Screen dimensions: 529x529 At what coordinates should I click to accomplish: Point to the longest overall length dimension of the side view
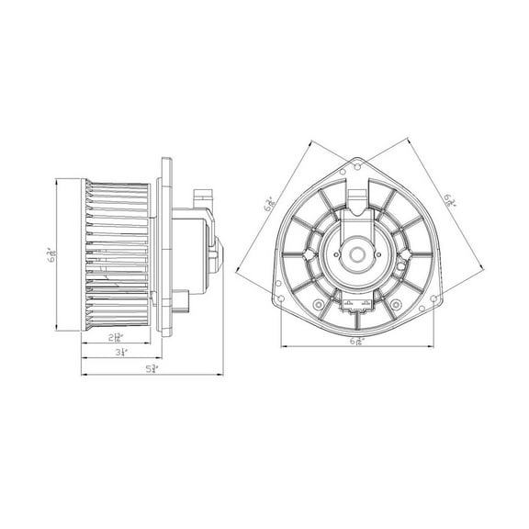153,369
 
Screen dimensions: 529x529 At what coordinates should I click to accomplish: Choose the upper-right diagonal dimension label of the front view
449,199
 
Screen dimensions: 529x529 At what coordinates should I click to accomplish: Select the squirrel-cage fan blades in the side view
117,254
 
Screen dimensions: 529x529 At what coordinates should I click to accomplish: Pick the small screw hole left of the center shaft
321,253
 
